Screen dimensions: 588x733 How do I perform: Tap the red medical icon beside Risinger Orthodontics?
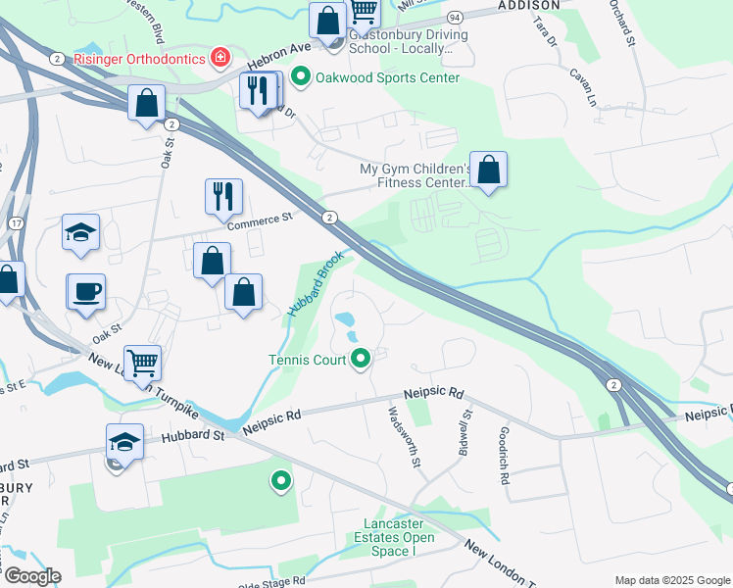click(220, 57)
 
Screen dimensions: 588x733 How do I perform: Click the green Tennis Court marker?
click(361, 360)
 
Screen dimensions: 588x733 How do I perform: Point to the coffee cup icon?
click(85, 291)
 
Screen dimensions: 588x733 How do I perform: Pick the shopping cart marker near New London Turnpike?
click(142, 363)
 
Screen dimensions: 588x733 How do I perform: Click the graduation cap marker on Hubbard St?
click(125, 442)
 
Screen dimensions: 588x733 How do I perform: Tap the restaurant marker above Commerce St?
click(224, 196)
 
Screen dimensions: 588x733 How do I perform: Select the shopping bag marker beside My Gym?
click(488, 169)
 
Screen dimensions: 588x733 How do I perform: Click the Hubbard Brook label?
click(315, 283)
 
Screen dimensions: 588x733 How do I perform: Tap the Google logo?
click(31, 576)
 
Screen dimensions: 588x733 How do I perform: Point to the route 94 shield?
click(455, 18)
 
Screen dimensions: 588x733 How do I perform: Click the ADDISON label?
click(528, 5)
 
